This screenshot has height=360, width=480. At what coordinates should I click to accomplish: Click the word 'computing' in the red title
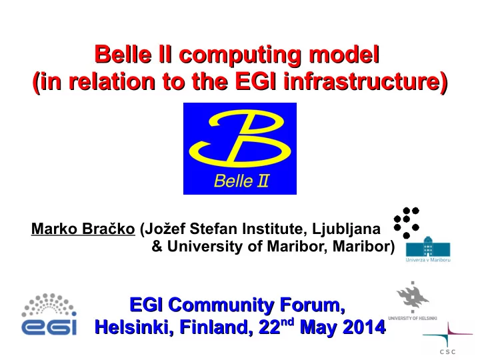pyautogui.click(x=240, y=55)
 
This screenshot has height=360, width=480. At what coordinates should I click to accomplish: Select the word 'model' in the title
pyautogui.click(x=345, y=55)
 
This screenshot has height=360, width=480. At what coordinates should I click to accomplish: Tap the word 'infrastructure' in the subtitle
pyautogui.click(x=366, y=81)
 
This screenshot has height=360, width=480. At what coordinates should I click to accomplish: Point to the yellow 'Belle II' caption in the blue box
pyautogui.click(x=241, y=181)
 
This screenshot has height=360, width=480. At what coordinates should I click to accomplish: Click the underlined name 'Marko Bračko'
pyautogui.click(x=83, y=229)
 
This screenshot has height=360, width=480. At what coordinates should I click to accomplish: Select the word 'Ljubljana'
pyautogui.click(x=346, y=229)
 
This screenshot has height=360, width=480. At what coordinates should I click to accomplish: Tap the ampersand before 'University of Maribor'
pyautogui.click(x=157, y=247)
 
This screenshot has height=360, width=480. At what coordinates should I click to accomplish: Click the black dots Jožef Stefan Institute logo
pyautogui.click(x=407, y=223)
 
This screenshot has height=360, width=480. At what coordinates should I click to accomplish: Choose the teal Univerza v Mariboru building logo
pyautogui.click(x=428, y=246)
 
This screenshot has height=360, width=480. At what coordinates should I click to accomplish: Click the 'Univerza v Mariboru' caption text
pyautogui.click(x=428, y=260)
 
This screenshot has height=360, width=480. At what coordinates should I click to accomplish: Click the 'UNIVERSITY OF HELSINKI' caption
pyautogui.click(x=413, y=318)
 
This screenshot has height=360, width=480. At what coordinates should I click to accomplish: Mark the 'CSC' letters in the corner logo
pyautogui.click(x=447, y=352)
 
